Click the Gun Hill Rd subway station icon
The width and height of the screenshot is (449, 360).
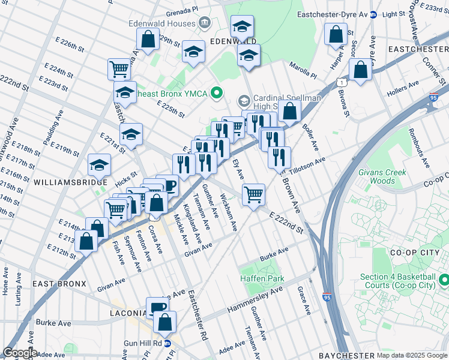tap(167, 344)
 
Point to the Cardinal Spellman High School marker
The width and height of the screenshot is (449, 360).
tap(244, 100)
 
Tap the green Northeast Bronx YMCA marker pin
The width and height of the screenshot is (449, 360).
tap(217, 92)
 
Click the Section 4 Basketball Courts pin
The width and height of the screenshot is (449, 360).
tap(444, 280)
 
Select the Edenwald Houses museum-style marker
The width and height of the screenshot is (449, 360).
tap(205, 23)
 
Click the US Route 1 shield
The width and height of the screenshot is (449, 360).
tap(340, 82)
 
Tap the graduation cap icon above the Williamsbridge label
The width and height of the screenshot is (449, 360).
tap(100, 164)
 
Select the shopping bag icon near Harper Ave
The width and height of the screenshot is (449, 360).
tap(336, 34)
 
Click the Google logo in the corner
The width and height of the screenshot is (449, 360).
tap(19, 353)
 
